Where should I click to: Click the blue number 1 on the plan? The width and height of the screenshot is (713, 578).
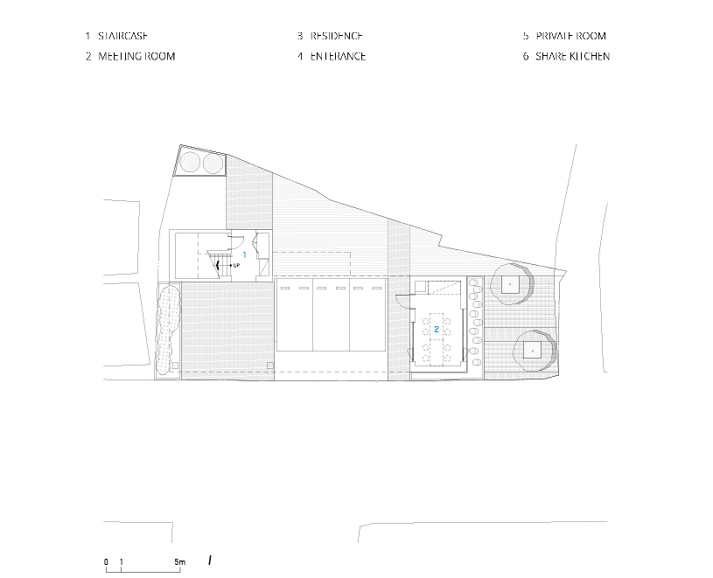[x=244, y=255]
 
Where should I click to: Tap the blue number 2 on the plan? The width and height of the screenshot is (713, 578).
[x=437, y=329]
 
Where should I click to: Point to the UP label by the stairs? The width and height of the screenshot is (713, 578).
[x=236, y=265]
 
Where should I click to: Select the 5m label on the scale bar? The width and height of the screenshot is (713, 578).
[x=179, y=562]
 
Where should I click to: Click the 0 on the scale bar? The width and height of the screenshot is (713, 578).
[x=106, y=562]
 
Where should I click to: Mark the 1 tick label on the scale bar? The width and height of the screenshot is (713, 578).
[x=121, y=562]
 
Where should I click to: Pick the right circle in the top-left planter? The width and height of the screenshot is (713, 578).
[x=213, y=164]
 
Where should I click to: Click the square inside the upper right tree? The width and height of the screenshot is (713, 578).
[x=510, y=284]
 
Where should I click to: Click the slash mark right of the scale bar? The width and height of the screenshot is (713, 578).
[x=210, y=561]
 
